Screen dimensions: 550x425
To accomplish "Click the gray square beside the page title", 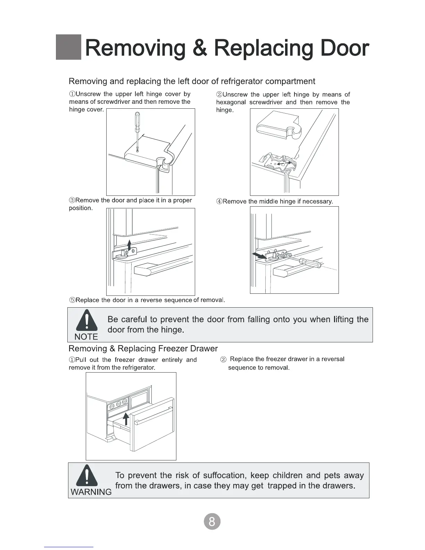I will [x=68, y=47].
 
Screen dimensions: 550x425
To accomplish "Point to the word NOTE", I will [x=86, y=336].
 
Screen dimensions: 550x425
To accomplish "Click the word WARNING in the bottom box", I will [x=91, y=492].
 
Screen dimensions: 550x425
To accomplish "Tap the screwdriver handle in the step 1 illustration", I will [x=137, y=122].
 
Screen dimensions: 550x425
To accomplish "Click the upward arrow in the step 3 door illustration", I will [x=129, y=245].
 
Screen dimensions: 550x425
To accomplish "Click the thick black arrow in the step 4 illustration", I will [x=258, y=256].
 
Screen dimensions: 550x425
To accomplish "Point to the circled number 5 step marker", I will [x=72, y=300].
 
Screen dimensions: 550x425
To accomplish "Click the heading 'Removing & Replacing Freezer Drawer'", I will [x=143, y=348].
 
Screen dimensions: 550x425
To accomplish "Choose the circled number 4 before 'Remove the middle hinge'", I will [x=219, y=201].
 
